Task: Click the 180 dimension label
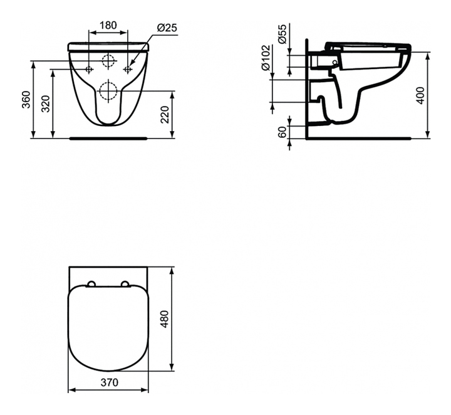pos(108,25)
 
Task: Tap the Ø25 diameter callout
pos(167,28)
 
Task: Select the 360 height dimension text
pos(26,100)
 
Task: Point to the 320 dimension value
pos(46,103)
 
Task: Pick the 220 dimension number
pos(165,115)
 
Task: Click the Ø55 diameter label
pos(283,34)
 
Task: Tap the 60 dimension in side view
pos(283,132)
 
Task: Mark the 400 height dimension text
pos(420,95)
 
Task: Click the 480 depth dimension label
pos(165,319)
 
